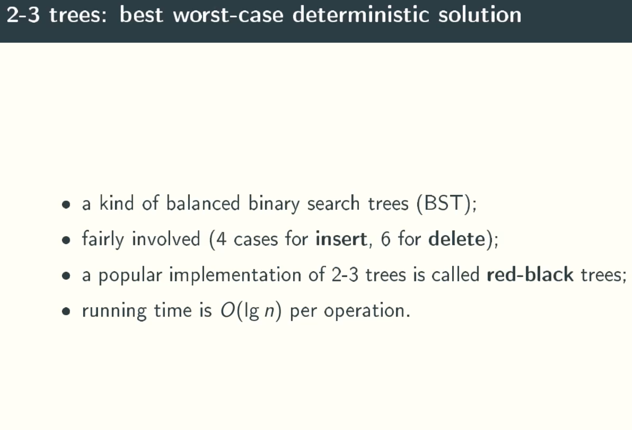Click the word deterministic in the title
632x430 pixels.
point(361,15)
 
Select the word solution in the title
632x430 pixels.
point(480,15)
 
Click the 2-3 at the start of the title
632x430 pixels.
point(23,15)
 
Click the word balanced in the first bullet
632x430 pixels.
point(203,203)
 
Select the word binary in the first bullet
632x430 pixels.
point(274,203)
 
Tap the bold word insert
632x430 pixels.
point(341,239)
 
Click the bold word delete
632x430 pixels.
point(457,239)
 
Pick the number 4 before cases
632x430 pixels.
point(221,239)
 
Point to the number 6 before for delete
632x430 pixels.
point(385,239)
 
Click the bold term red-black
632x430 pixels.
point(530,274)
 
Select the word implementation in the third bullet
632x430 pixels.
point(235,275)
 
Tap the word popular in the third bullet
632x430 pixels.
point(130,275)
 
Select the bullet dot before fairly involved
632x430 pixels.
point(66,240)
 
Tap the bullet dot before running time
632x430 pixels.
point(66,312)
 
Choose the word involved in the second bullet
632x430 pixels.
point(166,239)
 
